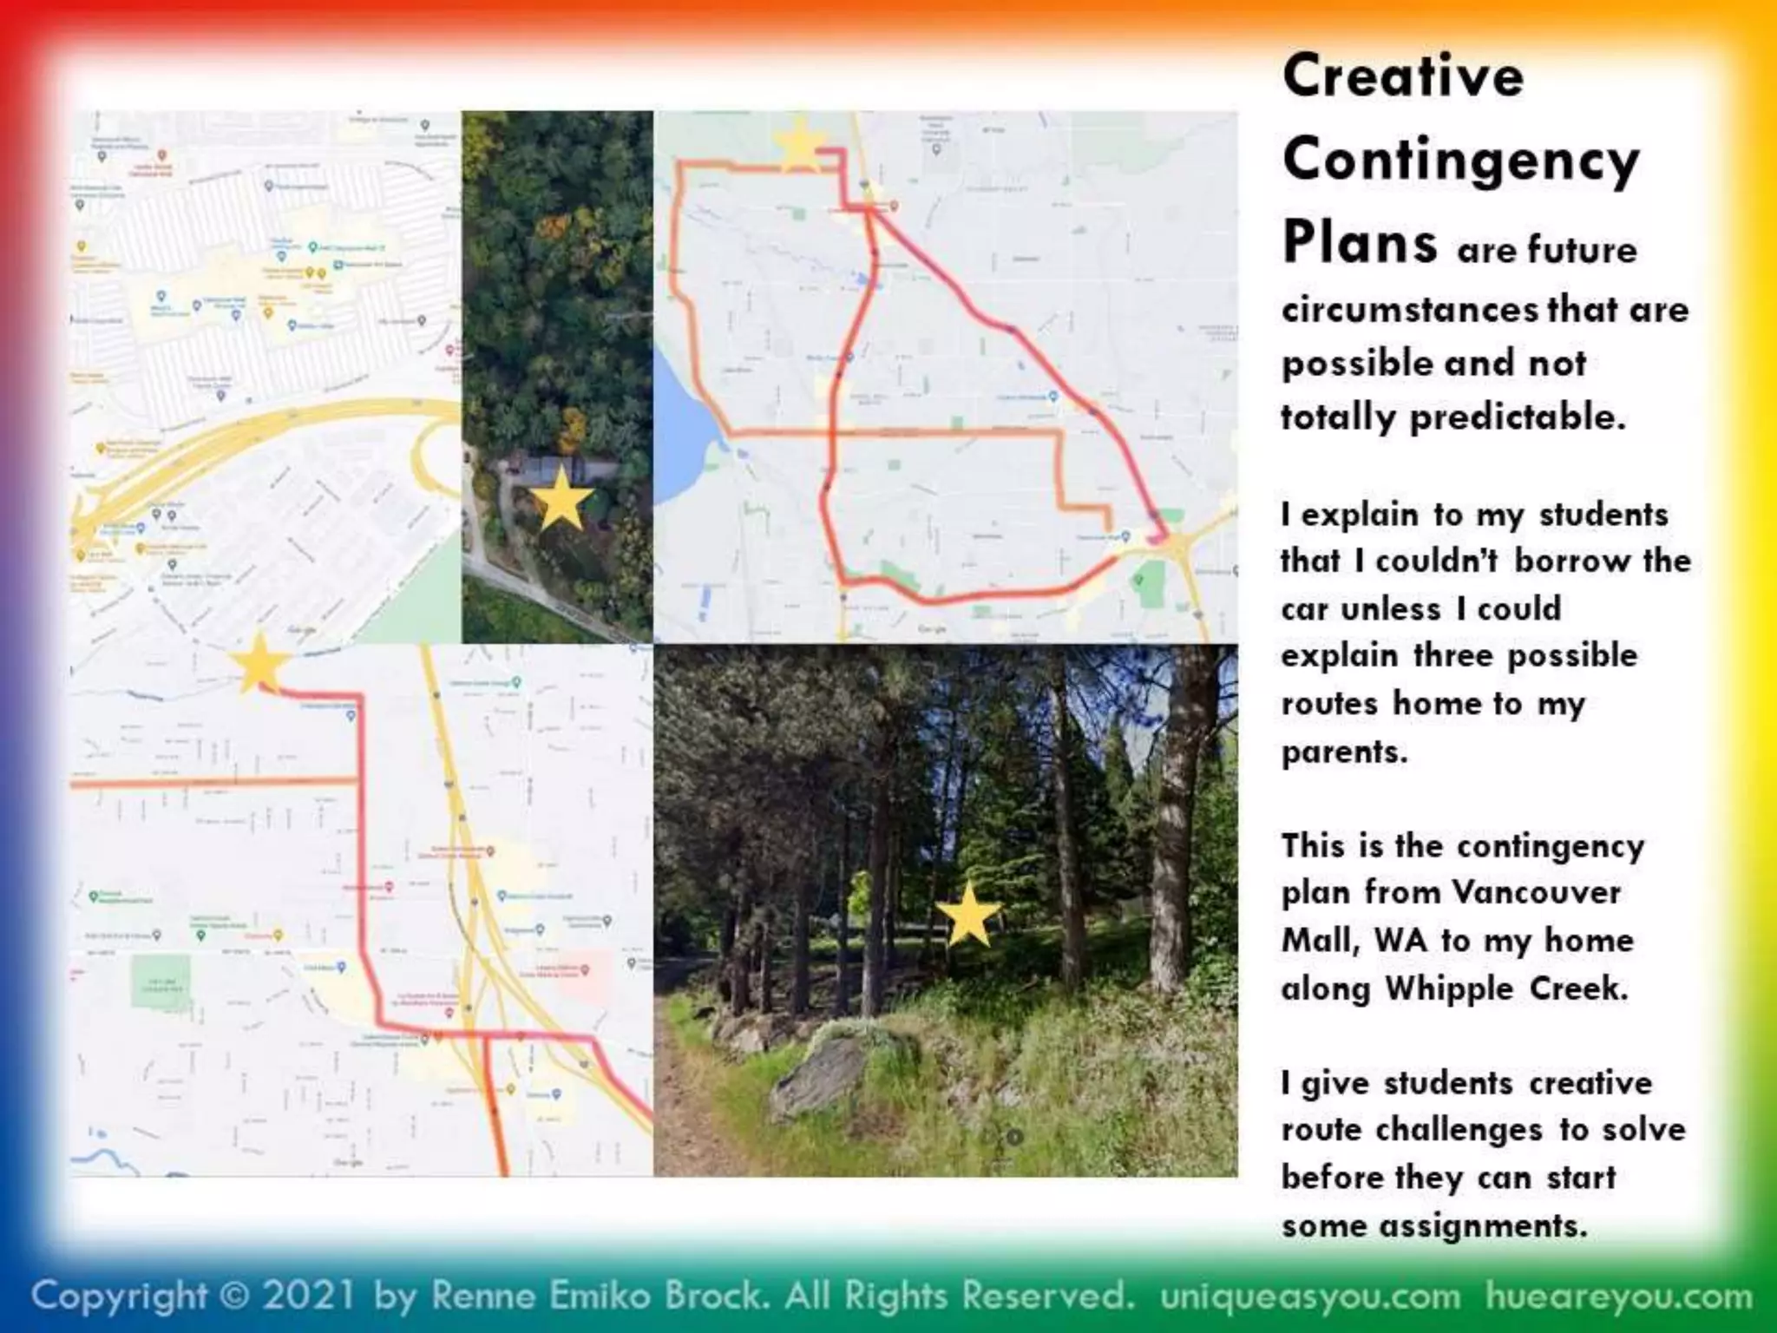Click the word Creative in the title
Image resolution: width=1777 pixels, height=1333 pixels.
tap(1402, 76)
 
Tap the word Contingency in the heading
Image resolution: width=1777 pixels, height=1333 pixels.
tap(1460, 161)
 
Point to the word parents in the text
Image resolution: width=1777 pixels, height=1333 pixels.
tap(1344, 752)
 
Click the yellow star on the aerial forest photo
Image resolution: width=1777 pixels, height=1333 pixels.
tap(561, 499)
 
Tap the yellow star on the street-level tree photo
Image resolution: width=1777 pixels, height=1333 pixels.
tap(968, 915)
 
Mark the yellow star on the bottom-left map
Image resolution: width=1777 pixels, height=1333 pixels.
tap(258, 664)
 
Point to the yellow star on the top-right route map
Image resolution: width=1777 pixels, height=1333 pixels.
tap(799, 145)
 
